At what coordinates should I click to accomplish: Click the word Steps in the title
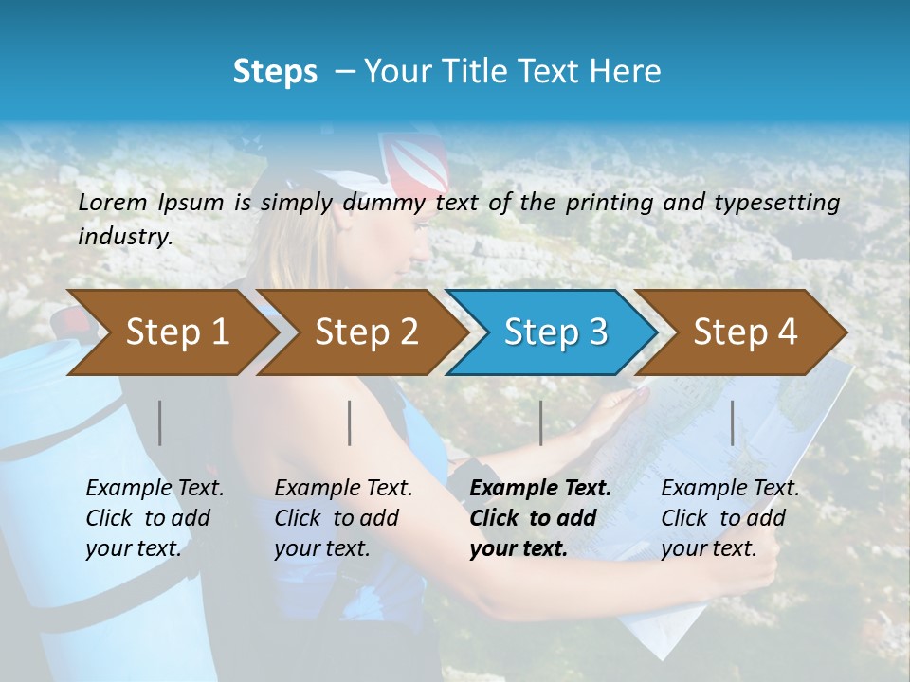[275, 72]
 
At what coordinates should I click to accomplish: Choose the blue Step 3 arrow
[554, 332]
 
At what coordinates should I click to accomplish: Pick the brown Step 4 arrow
[743, 332]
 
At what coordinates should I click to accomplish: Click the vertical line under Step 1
[160, 422]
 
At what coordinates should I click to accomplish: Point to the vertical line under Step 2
[350, 422]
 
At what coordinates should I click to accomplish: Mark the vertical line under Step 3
[540, 422]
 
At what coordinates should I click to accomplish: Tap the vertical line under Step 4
[732, 422]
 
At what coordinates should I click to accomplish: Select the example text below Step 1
[155, 517]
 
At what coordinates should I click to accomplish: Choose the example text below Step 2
[343, 517]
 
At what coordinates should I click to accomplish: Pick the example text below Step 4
[730, 517]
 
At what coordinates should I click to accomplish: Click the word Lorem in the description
[113, 202]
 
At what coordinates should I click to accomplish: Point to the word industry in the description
[125, 237]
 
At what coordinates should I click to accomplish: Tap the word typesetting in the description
[776, 203]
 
